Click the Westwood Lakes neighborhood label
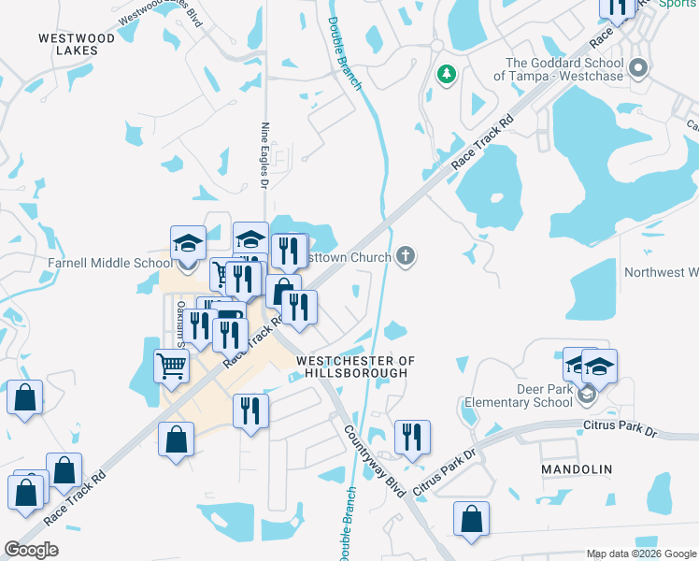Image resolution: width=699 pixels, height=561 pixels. point(77,45)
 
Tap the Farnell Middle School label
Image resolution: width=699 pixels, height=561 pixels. point(110,263)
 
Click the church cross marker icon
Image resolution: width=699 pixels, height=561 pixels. point(405,255)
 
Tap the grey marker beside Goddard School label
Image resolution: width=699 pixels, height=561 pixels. point(639,68)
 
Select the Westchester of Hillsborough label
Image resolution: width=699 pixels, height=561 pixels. point(354,367)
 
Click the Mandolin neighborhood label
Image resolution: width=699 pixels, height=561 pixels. point(577,468)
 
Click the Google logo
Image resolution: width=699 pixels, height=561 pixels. point(31,549)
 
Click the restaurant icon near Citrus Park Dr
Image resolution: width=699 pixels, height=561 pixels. point(412,436)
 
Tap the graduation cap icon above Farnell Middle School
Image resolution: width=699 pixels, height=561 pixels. point(188,243)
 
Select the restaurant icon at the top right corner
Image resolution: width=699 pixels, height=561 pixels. point(618,7)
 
